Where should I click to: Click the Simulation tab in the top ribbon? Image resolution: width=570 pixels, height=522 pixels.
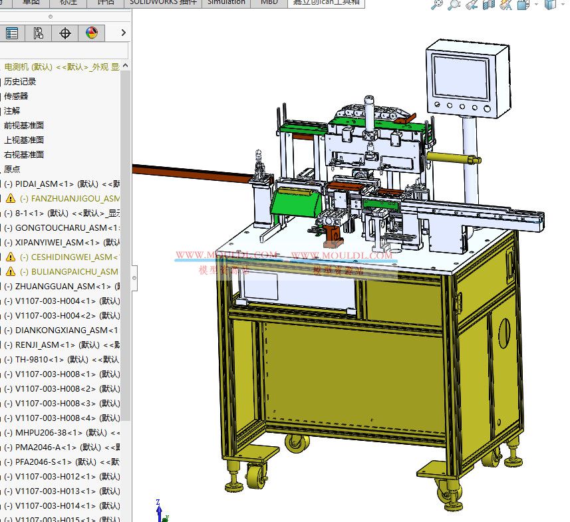pyautogui.click(x=226, y=3)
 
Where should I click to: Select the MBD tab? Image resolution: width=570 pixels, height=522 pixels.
pyautogui.click(x=269, y=3)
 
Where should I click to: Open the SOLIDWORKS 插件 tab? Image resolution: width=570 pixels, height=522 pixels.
pyautogui.click(x=163, y=3)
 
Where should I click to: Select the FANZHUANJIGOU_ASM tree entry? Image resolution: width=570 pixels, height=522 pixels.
pyautogui.click(x=70, y=199)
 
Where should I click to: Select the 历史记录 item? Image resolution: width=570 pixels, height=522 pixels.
pyautogui.click(x=20, y=82)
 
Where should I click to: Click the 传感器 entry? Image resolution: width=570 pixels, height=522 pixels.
pyautogui.click(x=16, y=96)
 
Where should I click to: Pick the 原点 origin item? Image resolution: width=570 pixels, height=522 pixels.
pyautogui.click(x=12, y=170)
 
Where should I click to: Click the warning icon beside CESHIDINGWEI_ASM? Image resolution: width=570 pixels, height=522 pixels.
pyautogui.click(x=11, y=257)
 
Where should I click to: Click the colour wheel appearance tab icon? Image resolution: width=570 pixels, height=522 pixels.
pyautogui.click(x=92, y=33)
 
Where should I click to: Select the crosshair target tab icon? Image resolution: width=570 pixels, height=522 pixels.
pyautogui.click(x=65, y=33)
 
